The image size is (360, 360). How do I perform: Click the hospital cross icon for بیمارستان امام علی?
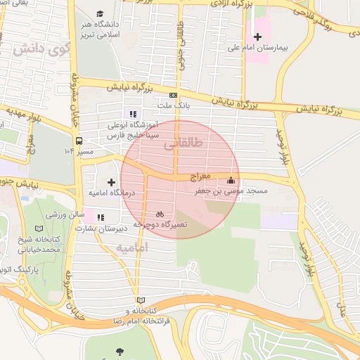click(258, 36)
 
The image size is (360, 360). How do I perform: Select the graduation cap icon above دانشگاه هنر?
click(100, 14)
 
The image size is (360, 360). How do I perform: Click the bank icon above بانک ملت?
click(173, 95)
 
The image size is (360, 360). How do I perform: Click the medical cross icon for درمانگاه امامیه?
click(111, 181)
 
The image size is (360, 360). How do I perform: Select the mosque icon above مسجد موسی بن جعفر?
click(231, 179)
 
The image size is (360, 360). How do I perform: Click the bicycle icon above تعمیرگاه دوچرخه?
click(160, 213)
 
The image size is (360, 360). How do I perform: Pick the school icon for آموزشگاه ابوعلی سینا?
click(131, 114)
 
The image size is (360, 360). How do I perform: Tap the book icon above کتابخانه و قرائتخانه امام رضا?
click(140, 300)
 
